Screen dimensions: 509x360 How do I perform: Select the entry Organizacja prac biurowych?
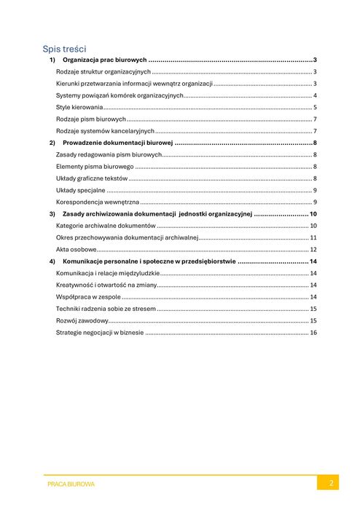pos(105,60)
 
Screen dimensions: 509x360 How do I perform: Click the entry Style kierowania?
pos(79,107)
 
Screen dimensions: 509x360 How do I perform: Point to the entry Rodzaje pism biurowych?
pos(91,119)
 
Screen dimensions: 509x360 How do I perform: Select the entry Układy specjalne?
pos(80,190)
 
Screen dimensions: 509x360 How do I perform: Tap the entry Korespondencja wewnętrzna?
pos(97,202)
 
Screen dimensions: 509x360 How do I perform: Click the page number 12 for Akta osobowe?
pos(313,249)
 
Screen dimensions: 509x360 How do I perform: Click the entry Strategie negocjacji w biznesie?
pos(99,333)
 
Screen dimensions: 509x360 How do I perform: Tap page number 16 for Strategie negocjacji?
pos(313,333)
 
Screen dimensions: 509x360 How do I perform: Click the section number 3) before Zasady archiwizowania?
pos(52,214)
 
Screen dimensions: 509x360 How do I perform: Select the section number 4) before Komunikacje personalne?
pos(52,261)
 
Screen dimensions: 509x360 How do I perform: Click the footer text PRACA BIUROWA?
pos(71,484)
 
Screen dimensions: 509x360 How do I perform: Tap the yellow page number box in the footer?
pos(328,483)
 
